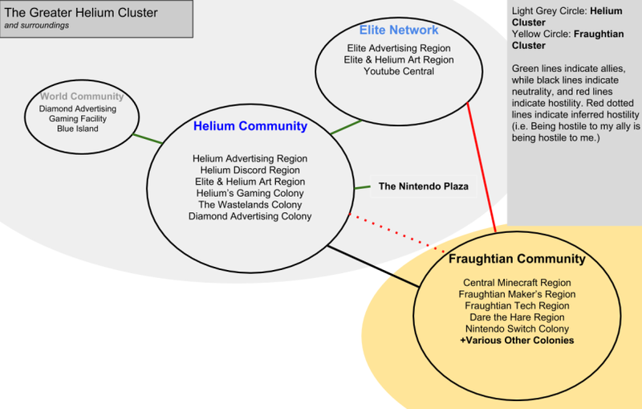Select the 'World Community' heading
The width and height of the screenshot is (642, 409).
pos(78,97)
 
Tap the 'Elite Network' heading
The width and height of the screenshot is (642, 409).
pos(399,31)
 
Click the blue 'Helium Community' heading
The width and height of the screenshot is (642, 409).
pos(250,126)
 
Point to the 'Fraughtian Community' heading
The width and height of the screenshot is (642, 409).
pos(516,260)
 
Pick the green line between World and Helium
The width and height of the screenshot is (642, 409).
pos(148,138)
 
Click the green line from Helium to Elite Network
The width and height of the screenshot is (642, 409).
pos(345,127)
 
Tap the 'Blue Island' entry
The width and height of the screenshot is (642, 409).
pos(78,129)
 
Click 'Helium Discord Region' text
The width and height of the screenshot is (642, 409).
pos(250,170)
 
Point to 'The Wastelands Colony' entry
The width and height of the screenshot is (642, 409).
pos(250,204)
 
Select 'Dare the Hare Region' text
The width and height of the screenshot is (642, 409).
pos(516,317)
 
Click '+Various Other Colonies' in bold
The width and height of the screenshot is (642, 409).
pos(516,341)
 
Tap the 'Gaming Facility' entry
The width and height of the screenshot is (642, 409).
pos(78,118)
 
